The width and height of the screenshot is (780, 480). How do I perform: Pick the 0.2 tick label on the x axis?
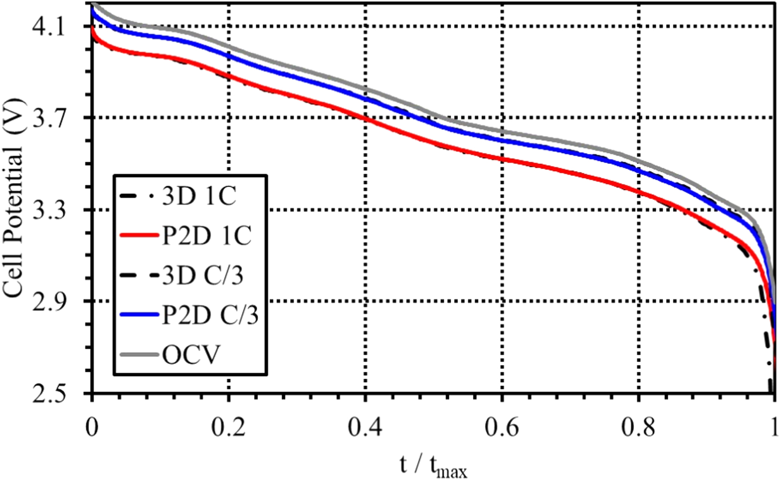point(228,427)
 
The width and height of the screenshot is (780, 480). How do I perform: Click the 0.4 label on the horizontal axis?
point(365,427)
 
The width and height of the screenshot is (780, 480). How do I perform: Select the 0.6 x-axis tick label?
point(502,427)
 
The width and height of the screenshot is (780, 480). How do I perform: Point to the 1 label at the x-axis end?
point(774,427)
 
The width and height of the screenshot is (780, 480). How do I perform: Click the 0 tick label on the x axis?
point(91,427)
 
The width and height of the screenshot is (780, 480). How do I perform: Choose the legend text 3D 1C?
point(199,197)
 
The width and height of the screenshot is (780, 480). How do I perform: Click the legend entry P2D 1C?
point(207,236)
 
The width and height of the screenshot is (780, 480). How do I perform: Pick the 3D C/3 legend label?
point(203,275)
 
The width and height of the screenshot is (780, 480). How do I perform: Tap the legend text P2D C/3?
point(210,315)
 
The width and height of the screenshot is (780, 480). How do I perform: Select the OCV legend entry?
point(191,354)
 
